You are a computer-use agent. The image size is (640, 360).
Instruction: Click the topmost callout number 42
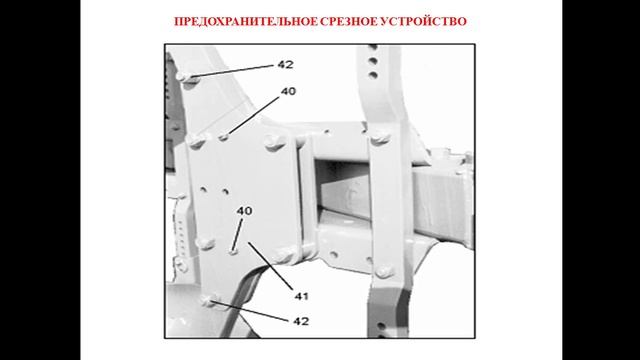coord(286,64)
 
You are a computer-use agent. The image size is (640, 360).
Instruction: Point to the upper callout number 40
coord(288,91)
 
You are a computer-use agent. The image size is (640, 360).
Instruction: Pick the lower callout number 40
coord(244,210)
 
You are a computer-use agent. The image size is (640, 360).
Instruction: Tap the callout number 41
coord(300,295)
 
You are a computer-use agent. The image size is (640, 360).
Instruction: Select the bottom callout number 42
coord(300,321)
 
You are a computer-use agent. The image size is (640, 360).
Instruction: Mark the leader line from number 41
coord(270,266)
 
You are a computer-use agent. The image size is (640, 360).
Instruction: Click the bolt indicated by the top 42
coord(180,76)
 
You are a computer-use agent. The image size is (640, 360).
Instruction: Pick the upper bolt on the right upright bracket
coord(381,138)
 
